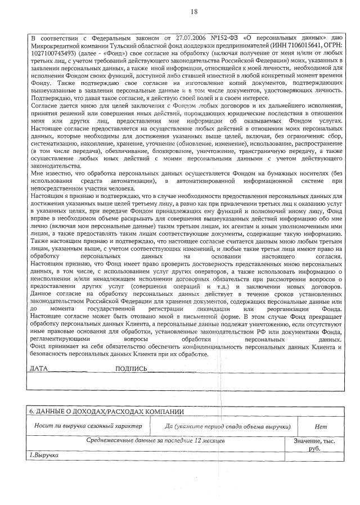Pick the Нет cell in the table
(321, 426)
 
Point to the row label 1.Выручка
(44, 454)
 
